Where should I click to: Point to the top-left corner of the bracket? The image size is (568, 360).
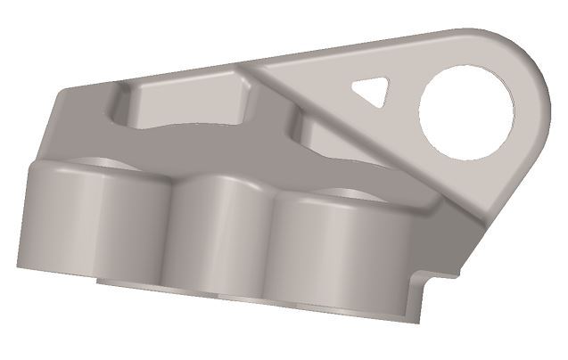coord(61,93)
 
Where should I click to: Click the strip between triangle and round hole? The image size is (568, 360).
coord(406,94)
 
